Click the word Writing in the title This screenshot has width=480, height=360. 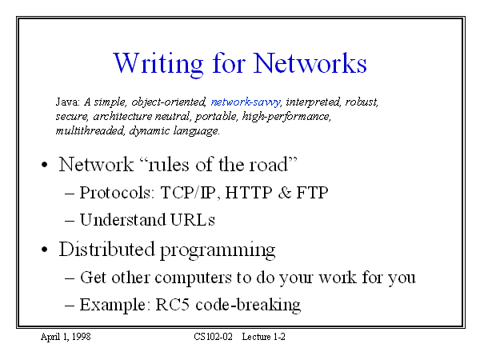pyautogui.click(x=158, y=65)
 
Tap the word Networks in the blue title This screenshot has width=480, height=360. pyautogui.click(x=310, y=63)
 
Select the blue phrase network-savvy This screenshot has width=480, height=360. pyautogui.click(x=246, y=102)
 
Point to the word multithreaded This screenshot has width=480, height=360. pyautogui.click(x=90, y=130)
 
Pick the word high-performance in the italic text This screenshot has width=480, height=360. pyautogui.click(x=286, y=117)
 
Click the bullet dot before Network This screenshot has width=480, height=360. pyautogui.click(x=45, y=165)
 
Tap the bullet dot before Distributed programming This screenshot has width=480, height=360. pyautogui.click(x=45, y=250)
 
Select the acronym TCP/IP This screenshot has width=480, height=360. pyautogui.click(x=187, y=193)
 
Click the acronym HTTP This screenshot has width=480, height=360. pyautogui.click(x=249, y=193)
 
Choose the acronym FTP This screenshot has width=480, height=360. pyautogui.click(x=312, y=193)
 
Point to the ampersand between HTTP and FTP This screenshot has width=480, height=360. pyautogui.click(x=285, y=193)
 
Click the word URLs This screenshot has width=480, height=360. pyautogui.click(x=193, y=220)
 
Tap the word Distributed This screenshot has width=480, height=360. pyautogui.click(x=106, y=249)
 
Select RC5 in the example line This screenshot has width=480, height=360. pyautogui.click(x=172, y=305)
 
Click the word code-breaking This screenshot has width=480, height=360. pyautogui.click(x=248, y=306)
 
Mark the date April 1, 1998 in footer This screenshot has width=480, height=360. pyautogui.click(x=66, y=337)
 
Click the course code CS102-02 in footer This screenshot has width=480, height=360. pyautogui.click(x=213, y=337)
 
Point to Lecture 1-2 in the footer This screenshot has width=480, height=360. pyautogui.click(x=263, y=337)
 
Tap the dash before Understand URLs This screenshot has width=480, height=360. pyautogui.click(x=70, y=221)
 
